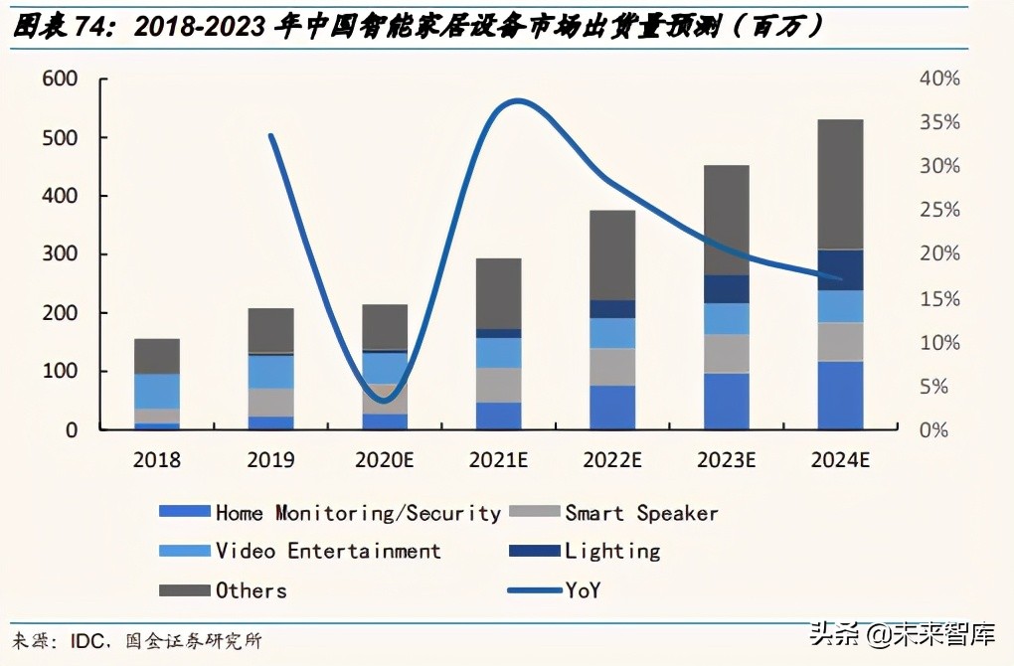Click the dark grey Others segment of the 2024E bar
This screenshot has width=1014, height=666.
(840, 184)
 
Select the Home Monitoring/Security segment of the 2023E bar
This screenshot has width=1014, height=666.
(727, 402)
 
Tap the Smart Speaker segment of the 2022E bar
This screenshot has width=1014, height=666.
(612, 367)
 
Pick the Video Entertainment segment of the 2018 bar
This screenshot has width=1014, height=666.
(157, 392)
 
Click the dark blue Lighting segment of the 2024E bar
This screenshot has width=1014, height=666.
(840, 270)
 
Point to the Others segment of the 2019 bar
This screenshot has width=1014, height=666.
(270, 330)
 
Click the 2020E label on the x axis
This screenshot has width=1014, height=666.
(384, 460)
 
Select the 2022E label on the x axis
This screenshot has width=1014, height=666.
(612, 460)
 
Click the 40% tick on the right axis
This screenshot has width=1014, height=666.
(940, 80)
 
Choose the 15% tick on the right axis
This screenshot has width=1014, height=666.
(940, 299)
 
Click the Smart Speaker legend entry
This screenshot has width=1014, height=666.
(641, 513)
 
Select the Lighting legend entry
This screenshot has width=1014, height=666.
(611, 551)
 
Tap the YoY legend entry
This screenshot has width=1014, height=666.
(583, 590)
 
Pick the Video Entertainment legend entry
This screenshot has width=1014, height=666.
(327, 551)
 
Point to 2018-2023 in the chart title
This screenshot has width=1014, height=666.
(198, 28)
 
